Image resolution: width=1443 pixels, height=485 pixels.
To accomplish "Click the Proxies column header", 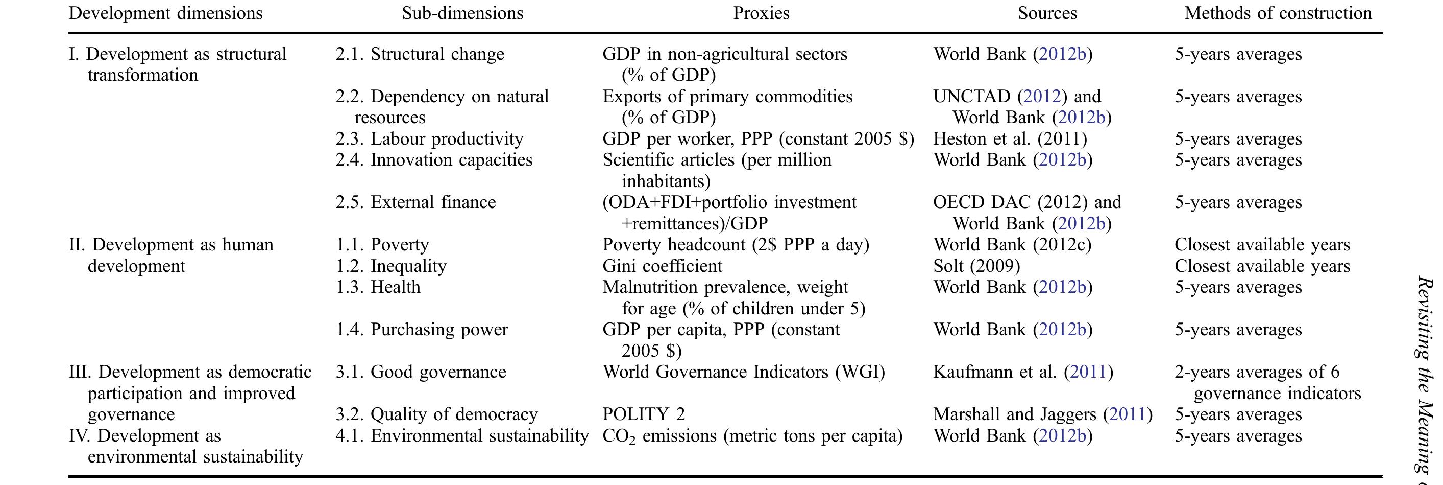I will point(761,13).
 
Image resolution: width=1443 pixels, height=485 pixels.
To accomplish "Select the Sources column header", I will point(1047,13).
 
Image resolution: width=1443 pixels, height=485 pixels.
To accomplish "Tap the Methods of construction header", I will point(1278,13).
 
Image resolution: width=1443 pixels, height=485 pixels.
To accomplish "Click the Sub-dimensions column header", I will point(462,13).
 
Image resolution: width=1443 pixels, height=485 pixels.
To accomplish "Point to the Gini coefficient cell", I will point(662,266).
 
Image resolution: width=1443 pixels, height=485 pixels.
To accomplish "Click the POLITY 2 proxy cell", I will point(644,414).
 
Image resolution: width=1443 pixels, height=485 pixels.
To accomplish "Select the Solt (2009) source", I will point(976,266).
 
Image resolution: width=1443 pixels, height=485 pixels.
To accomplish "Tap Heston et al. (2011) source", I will point(1010,139).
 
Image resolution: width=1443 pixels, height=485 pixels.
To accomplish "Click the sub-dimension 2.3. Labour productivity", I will point(430,139).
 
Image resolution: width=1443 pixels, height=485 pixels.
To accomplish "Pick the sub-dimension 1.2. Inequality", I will point(391,266).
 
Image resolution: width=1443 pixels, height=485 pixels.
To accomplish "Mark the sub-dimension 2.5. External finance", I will point(415,202).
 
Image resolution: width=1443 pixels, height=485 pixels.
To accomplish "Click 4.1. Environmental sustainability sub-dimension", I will point(462,435).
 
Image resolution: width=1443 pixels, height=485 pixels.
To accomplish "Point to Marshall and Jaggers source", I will point(1042,414).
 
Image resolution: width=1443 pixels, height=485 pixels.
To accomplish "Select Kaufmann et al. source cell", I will point(1023,372).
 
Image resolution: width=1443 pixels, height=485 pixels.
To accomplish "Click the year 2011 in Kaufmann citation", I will point(1088,372).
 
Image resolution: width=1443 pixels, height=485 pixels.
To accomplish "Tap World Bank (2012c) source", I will point(1012,245).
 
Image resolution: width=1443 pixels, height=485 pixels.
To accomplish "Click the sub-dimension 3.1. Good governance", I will point(421,372).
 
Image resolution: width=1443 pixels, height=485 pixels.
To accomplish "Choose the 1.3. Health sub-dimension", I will point(378,287).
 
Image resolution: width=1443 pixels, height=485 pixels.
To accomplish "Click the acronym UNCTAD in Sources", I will point(971,97).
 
